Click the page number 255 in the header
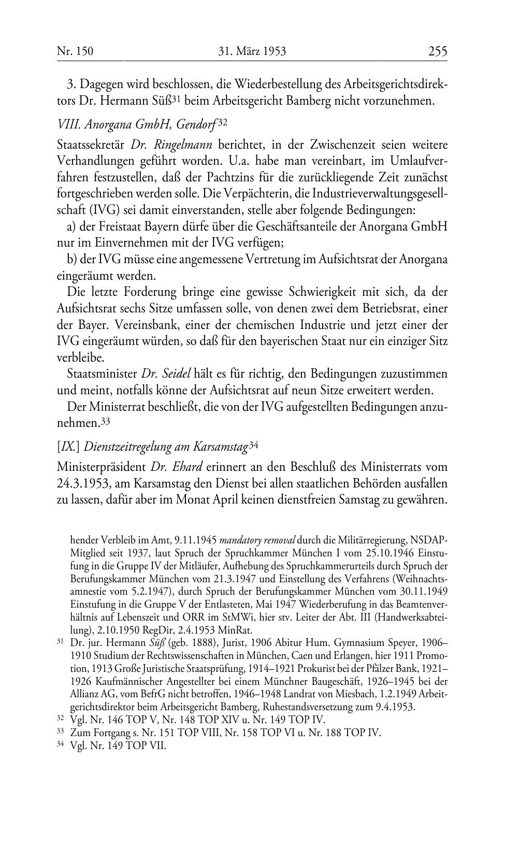(437, 51)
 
